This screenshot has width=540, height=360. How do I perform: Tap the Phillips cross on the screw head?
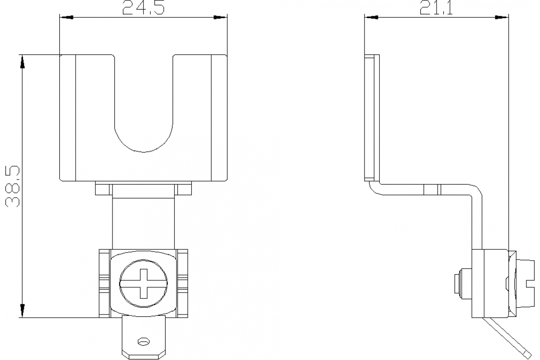pos(144,283)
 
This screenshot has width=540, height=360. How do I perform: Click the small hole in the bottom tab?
pos(144,342)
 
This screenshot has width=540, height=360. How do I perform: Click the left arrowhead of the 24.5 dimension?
pos(67,18)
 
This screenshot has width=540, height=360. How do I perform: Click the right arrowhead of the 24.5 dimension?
pos(220,18)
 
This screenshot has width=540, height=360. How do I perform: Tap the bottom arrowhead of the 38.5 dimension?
pos(22,310)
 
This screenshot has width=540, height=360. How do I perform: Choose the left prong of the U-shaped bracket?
pos(87,94)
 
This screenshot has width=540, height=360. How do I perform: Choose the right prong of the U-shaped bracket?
pos(199,94)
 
